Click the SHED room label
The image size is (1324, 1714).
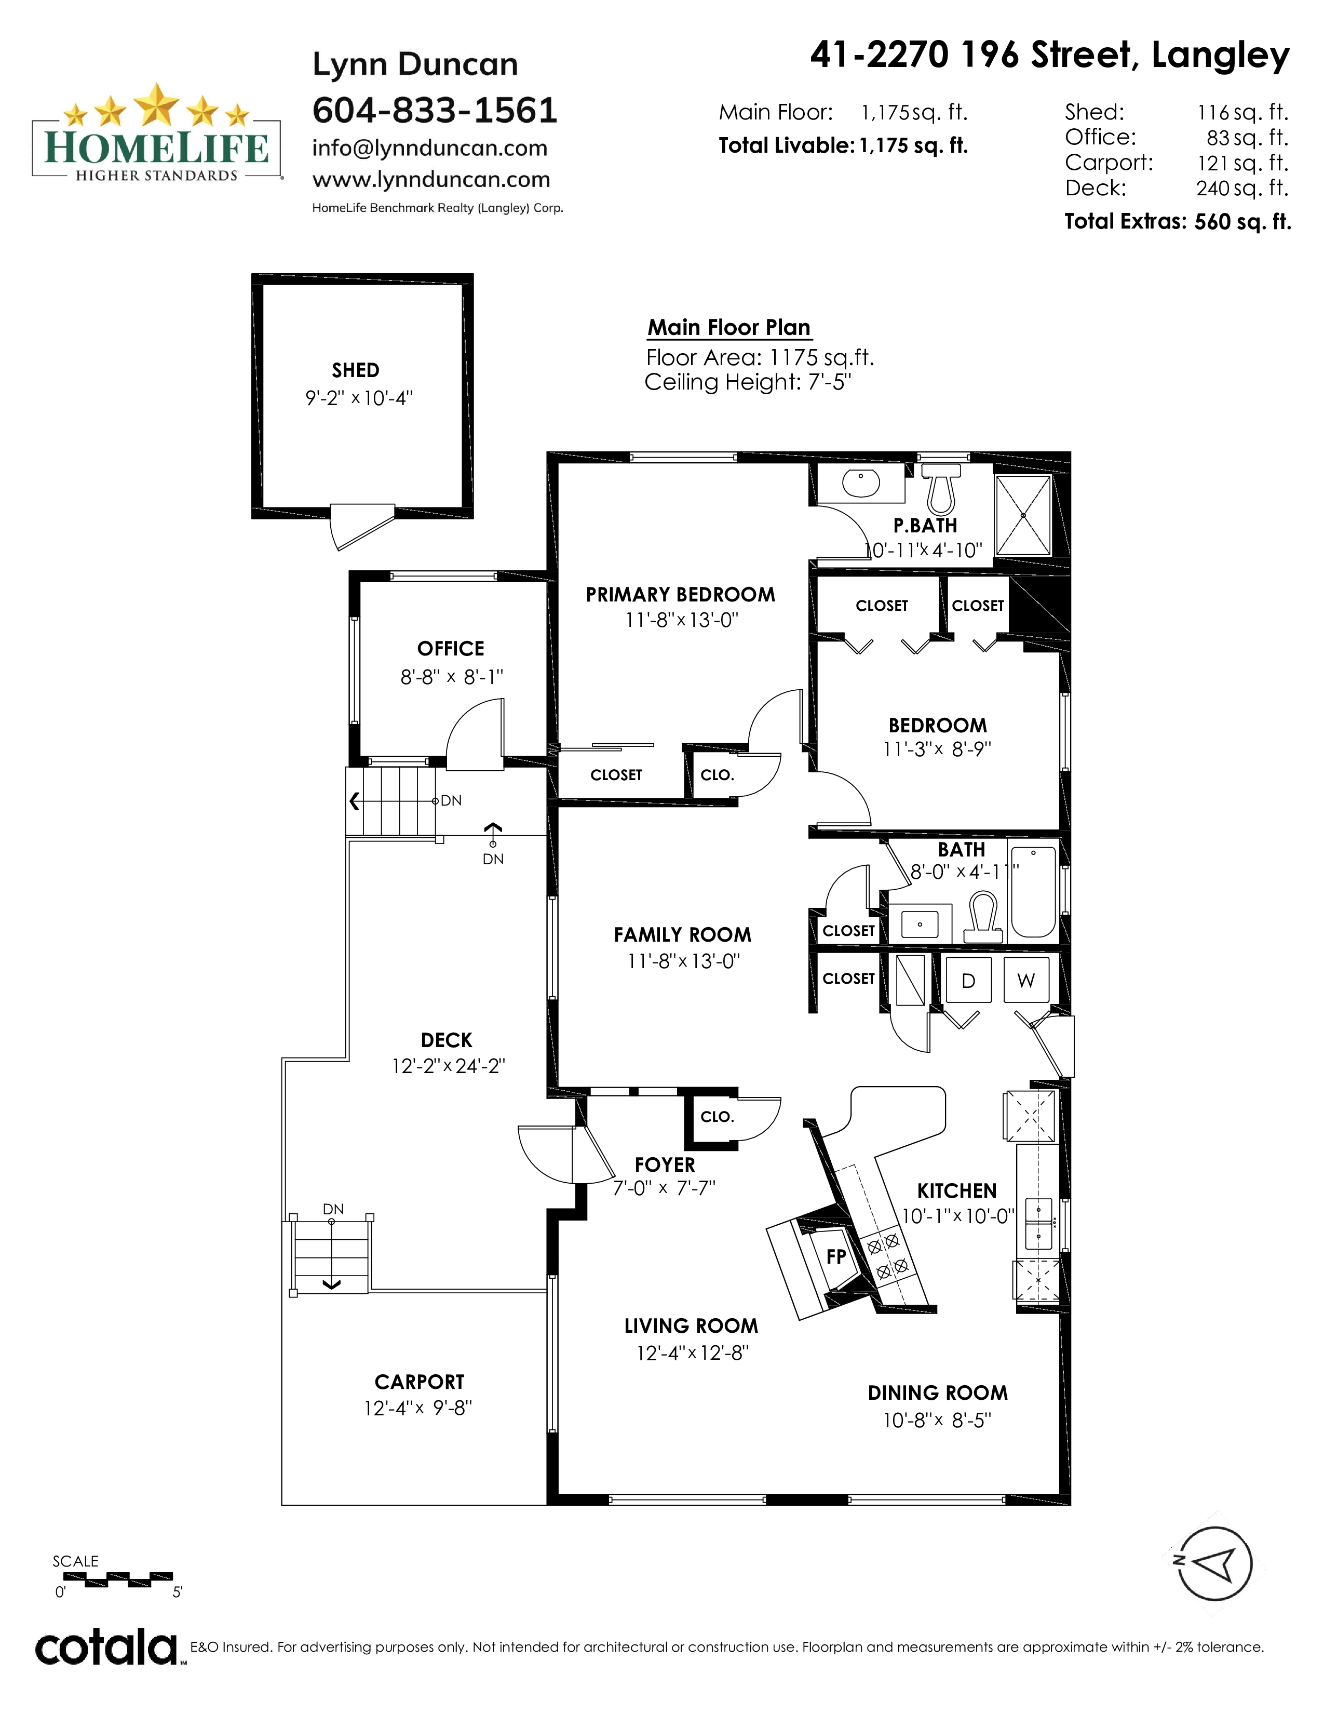355,370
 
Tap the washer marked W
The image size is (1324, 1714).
1026,980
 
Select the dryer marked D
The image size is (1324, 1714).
969,980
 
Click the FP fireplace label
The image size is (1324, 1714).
836,1256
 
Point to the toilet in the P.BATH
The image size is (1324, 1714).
940,487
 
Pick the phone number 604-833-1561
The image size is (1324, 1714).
435,110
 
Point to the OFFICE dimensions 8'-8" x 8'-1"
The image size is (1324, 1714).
451,676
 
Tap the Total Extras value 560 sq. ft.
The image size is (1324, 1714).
1242,221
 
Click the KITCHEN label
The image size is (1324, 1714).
957,1190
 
